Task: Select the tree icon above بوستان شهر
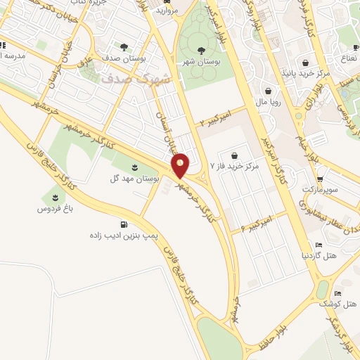tap(202, 50)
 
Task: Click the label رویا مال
tap(269, 101)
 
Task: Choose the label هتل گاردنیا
tap(319, 255)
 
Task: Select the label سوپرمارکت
tap(320, 190)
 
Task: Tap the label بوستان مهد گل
tap(136, 179)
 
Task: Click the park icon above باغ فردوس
tap(55, 198)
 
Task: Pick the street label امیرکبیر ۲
tap(214, 120)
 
